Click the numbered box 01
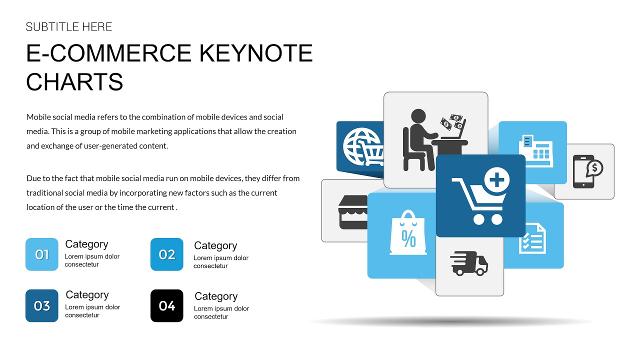tap(42, 254)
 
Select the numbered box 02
tap(167, 254)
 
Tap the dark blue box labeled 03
tap(42, 305)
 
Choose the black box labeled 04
tap(167, 305)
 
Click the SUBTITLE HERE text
tap(69, 27)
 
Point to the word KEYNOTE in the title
tap(256, 53)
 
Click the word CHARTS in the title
tap(74, 82)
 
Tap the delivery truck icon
tap(469, 263)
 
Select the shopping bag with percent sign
tap(408, 233)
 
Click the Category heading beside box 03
tap(87, 295)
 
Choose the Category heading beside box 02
tap(215, 245)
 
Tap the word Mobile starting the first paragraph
tap(39, 117)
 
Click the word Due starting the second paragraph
tap(33, 178)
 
